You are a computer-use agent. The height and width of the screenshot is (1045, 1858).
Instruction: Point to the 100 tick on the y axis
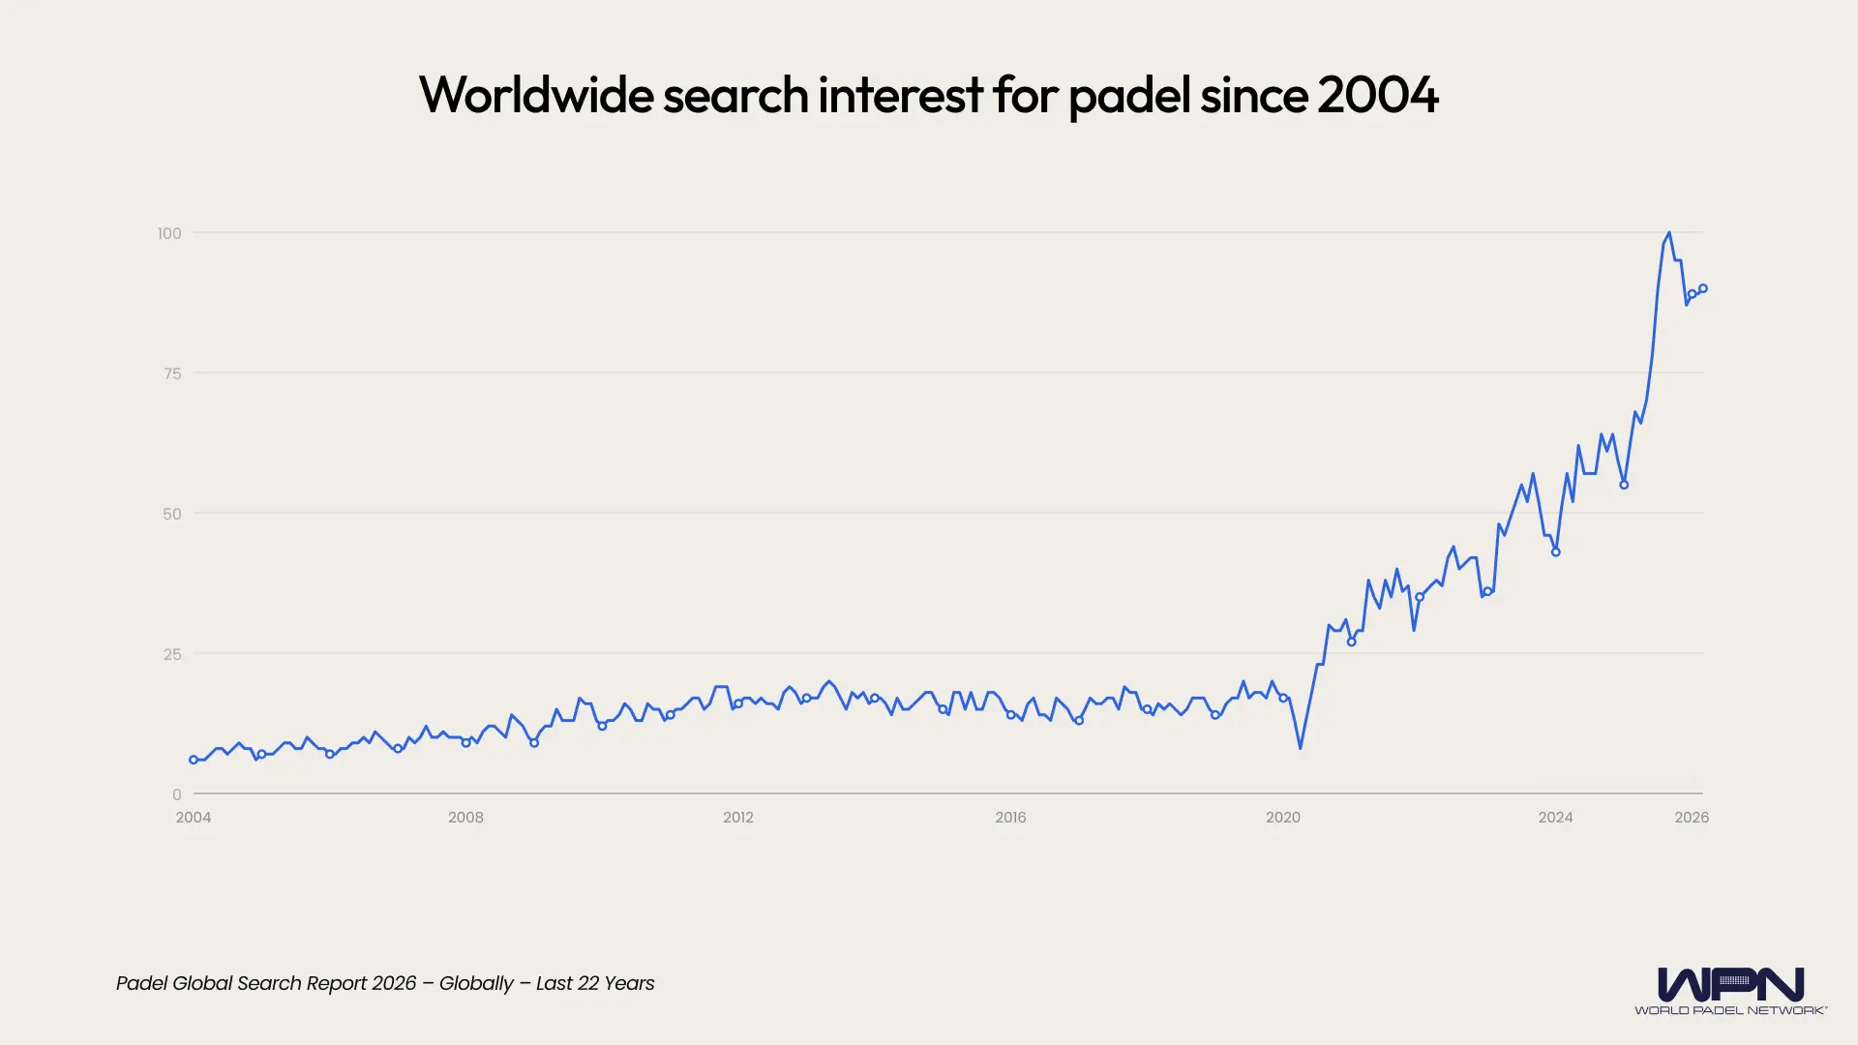(169, 233)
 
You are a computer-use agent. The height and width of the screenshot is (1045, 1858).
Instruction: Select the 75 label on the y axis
(172, 373)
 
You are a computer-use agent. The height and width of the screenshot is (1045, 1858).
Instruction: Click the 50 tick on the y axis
(172, 514)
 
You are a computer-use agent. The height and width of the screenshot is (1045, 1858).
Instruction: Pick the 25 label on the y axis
(172, 654)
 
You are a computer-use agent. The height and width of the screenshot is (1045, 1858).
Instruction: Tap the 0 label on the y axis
(176, 794)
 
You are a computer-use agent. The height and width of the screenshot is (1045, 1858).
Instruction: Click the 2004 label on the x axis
(194, 818)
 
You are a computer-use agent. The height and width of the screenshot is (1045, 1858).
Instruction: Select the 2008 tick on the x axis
(465, 818)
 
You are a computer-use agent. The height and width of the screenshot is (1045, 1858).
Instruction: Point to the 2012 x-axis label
(738, 818)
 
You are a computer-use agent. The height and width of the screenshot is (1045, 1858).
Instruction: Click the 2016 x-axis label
(1010, 818)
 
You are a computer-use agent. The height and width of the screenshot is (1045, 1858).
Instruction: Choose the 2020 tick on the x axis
(1283, 818)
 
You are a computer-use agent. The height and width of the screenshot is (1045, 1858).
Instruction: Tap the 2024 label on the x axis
(1555, 818)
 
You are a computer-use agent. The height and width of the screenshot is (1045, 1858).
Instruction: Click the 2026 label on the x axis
(1692, 818)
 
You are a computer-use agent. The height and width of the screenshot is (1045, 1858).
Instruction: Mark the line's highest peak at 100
(1669, 233)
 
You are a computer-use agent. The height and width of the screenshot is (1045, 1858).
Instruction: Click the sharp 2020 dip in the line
(1300, 748)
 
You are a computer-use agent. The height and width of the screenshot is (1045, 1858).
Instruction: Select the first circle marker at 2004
(194, 761)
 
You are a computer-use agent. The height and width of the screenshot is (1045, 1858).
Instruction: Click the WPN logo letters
(1730, 985)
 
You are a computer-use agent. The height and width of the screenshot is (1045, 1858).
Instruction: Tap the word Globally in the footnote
(476, 984)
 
